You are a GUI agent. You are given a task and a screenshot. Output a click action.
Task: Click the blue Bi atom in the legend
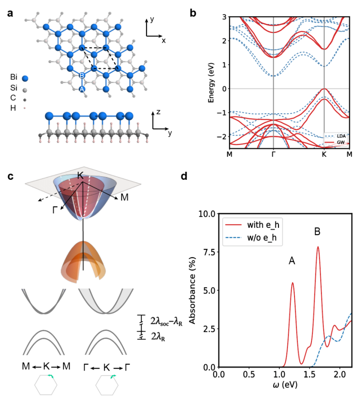click(25, 79)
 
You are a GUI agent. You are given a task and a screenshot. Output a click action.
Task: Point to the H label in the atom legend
click(12, 108)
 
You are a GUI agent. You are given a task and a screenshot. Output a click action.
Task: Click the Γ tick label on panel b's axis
click(273, 154)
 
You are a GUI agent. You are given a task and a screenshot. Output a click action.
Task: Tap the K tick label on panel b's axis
click(324, 154)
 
